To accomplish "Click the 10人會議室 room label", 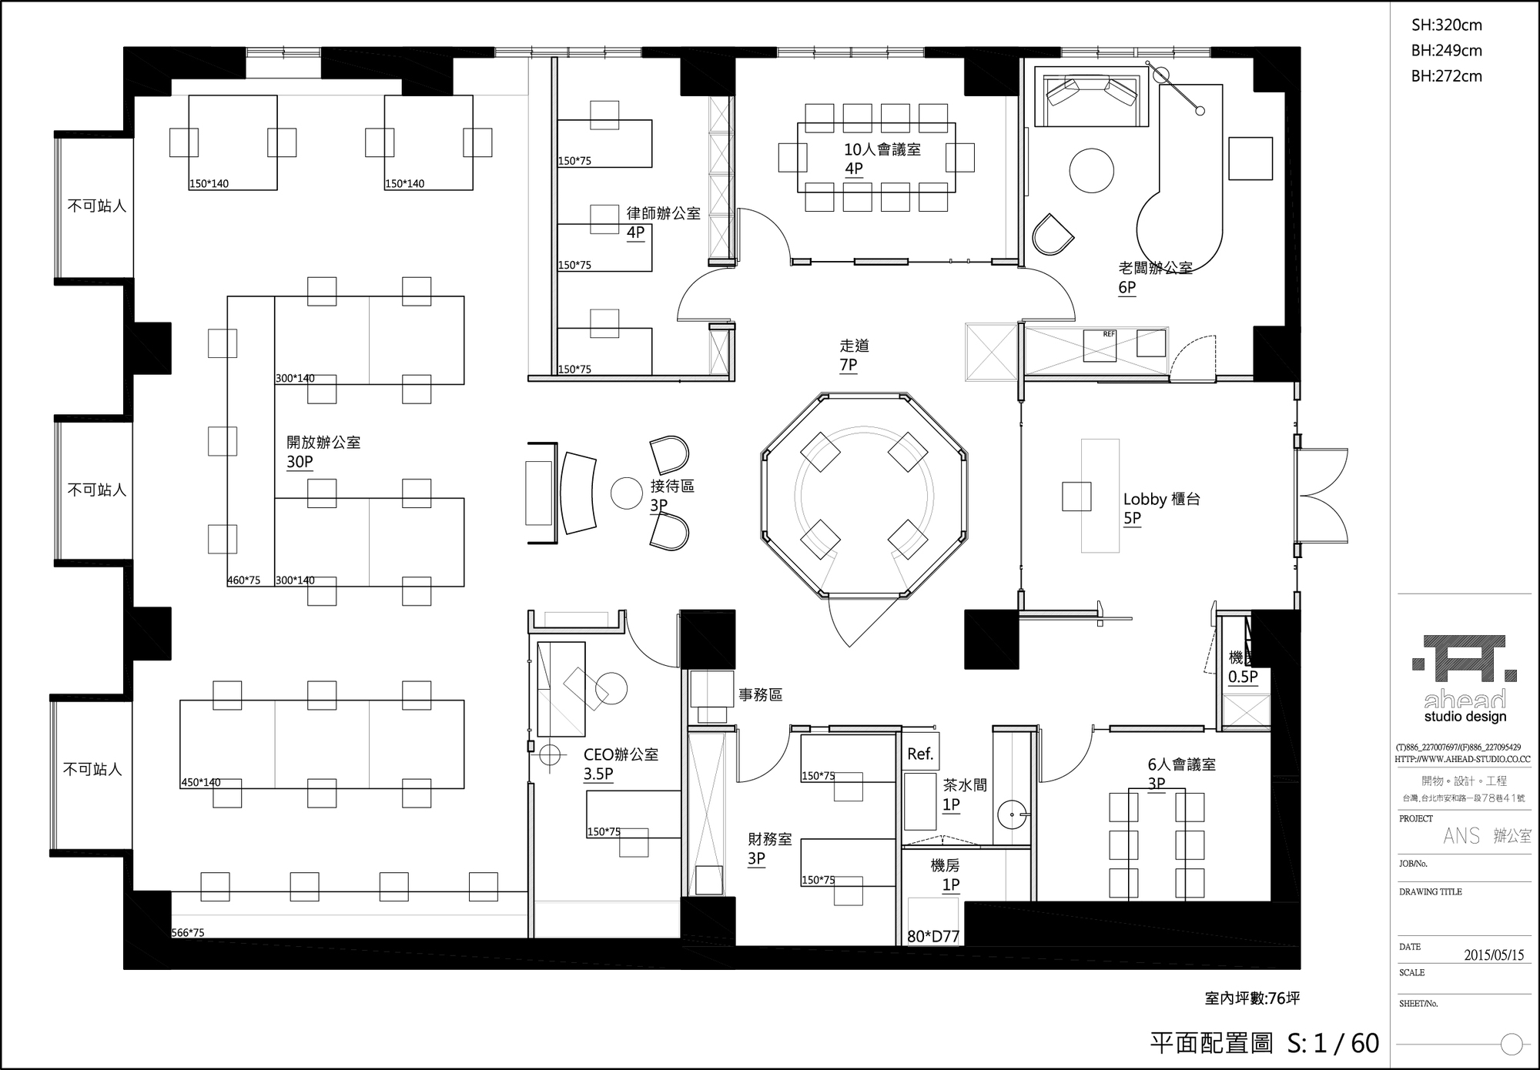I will (x=882, y=149).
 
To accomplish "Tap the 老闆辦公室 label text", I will (x=1155, y=268).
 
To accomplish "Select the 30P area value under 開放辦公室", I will (x=300, y=462).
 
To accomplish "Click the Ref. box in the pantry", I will (x=920, y=754).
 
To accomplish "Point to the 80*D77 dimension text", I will (x=933, y=936).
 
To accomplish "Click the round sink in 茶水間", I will (x=1013, y=814).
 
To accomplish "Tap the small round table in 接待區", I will (x=626, y=493).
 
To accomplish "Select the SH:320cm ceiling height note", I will (x=1446, y=25).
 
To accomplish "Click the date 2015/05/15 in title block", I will (x=1493, y=955).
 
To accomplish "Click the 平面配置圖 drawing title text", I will (x=1211, y=1043).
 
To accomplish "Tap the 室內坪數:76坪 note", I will (x=1252, y=998).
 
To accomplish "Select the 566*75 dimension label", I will (x=188, y=933).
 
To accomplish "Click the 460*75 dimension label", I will (x=243, y=580).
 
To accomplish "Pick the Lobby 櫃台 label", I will (x=1161, y=499).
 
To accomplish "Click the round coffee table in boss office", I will (x=1091, y=170).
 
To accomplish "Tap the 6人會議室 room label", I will (x=1181, y=764).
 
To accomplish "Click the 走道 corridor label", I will (x=854, y=346).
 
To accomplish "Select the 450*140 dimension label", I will (x=201, y=782).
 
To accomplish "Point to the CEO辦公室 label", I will (x=621, y=755).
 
